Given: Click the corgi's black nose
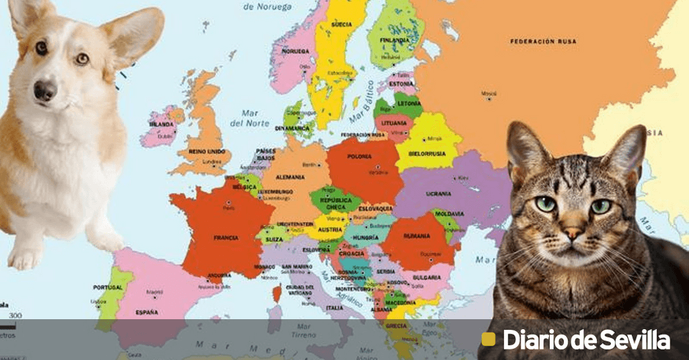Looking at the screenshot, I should pyautogui.click(x=45, y=89).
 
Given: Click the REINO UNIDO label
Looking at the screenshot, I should pyautogui.click(x=206, y=151).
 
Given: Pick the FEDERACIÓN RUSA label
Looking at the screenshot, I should pyautogui.click(x=543, y=41).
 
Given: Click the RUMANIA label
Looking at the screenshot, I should pyautogui.click(x=416, y=236).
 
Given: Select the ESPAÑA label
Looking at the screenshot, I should pyautogui.click(x=146, y=311).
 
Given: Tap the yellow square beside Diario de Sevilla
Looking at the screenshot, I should pyautogui.click(x=488, y=340).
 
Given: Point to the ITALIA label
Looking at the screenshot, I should pyautogui.click(x=335, y=308).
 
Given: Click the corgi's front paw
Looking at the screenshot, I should pyautogui.click(x=25, y=258).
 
